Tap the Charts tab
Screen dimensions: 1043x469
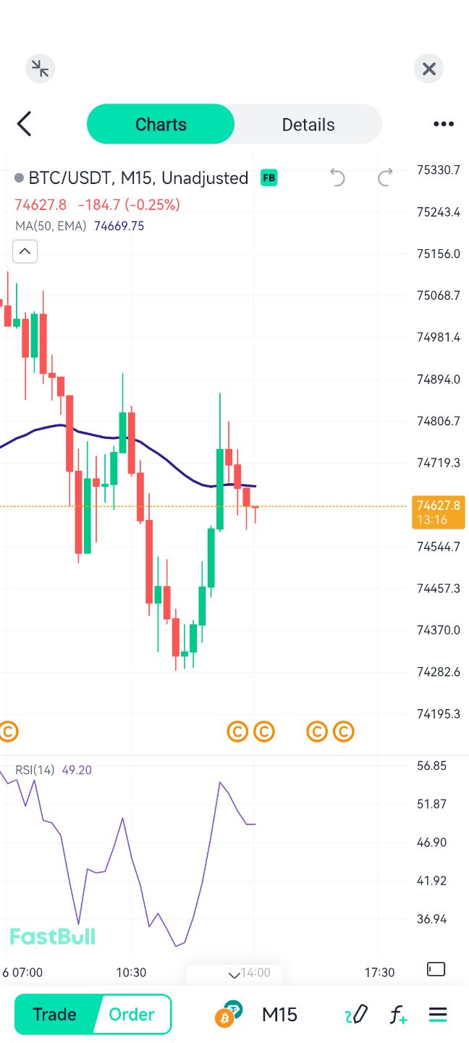161,125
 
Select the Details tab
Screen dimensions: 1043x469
308,125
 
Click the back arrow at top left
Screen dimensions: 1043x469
25,124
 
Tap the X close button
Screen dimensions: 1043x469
428,69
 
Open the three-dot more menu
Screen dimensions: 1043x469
443,124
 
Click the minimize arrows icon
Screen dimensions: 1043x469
41,69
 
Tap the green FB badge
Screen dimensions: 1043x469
269,177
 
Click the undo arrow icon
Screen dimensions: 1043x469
337,177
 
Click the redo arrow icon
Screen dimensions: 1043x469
386,177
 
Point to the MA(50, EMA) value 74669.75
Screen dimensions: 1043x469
119,226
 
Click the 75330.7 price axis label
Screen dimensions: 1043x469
439,170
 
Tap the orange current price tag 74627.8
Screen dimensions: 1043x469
439,512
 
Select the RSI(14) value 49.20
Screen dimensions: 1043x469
77,770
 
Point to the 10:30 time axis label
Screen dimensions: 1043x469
131,972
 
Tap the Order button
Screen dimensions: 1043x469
132,1014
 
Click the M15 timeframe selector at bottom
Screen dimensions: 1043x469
279,1014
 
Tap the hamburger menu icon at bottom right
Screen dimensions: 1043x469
438,1014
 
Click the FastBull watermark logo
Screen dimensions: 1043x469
52,937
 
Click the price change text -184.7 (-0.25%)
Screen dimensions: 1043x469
129,205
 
